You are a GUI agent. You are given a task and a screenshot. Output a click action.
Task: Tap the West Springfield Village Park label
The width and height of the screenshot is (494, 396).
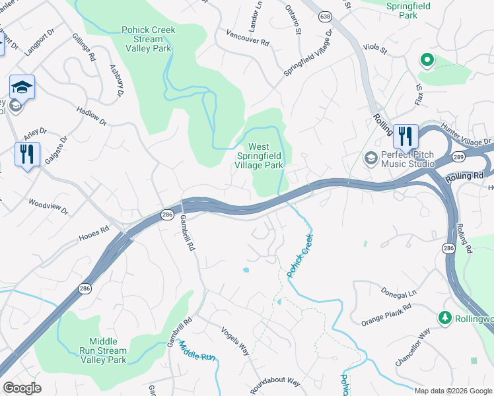click(259, 156)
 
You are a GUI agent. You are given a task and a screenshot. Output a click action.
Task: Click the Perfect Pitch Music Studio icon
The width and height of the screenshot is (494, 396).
click(370, 158)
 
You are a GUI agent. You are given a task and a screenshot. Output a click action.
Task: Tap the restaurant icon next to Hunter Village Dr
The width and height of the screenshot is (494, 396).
click(405, 136)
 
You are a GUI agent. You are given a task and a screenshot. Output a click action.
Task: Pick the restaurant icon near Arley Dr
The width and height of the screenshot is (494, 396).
click(27, 154)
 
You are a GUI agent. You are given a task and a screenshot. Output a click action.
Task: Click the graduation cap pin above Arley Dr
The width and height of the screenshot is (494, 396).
click(22, 87)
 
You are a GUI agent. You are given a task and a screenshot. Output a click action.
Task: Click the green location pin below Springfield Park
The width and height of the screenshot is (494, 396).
click(427, 60)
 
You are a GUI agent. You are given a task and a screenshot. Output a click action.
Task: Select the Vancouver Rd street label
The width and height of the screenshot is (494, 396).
click(248, 37)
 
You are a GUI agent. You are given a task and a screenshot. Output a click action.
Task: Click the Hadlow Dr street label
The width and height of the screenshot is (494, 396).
click(91, 117)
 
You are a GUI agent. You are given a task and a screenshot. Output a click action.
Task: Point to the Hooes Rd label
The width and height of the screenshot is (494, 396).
click(93, 232)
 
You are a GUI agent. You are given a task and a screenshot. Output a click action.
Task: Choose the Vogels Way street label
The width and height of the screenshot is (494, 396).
click(234, 341)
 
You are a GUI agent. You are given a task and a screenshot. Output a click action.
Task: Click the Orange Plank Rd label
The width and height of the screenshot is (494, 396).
click(386, 315)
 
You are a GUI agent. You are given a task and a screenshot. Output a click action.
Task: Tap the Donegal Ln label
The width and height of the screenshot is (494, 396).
click(400, 292)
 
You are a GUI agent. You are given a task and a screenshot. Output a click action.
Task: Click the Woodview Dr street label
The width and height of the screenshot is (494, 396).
click(48, 205)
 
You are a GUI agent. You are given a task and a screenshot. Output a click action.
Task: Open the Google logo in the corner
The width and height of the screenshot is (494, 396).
click(22, 388)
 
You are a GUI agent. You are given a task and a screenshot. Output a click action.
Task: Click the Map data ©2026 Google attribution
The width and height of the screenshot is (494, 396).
click(452, 390)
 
